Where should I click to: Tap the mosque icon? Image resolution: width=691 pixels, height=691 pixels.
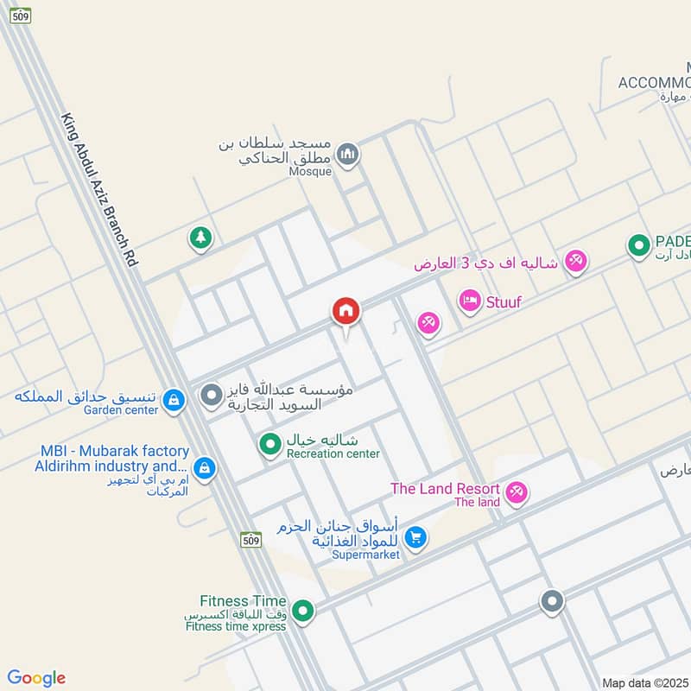[347, 155]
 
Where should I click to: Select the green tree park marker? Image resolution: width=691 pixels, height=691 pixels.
[200, 238]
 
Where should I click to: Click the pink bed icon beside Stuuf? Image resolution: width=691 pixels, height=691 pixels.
[470, 301]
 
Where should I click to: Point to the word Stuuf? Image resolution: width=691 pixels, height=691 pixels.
[504, 301]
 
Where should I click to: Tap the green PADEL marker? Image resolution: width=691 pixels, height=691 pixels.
[638, 247]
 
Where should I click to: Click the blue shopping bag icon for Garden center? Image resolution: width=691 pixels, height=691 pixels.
[174, 399]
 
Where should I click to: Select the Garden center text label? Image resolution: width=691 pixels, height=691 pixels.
[121, 410]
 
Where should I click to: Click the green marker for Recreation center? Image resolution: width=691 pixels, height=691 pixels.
[271, 444]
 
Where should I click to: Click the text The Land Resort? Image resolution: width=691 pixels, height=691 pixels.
[445, 489]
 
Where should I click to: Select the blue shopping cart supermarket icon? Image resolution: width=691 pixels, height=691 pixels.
[415, 537]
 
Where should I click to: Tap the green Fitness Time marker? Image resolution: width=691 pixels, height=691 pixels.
[302, 612]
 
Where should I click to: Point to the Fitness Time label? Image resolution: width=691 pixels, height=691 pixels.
[243, 601]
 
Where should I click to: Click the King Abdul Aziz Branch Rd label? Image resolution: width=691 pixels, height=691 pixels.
[99, 188]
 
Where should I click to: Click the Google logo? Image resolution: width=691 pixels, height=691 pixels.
[36, 678]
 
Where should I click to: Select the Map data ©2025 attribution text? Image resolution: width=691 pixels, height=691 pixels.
[644, 682]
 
